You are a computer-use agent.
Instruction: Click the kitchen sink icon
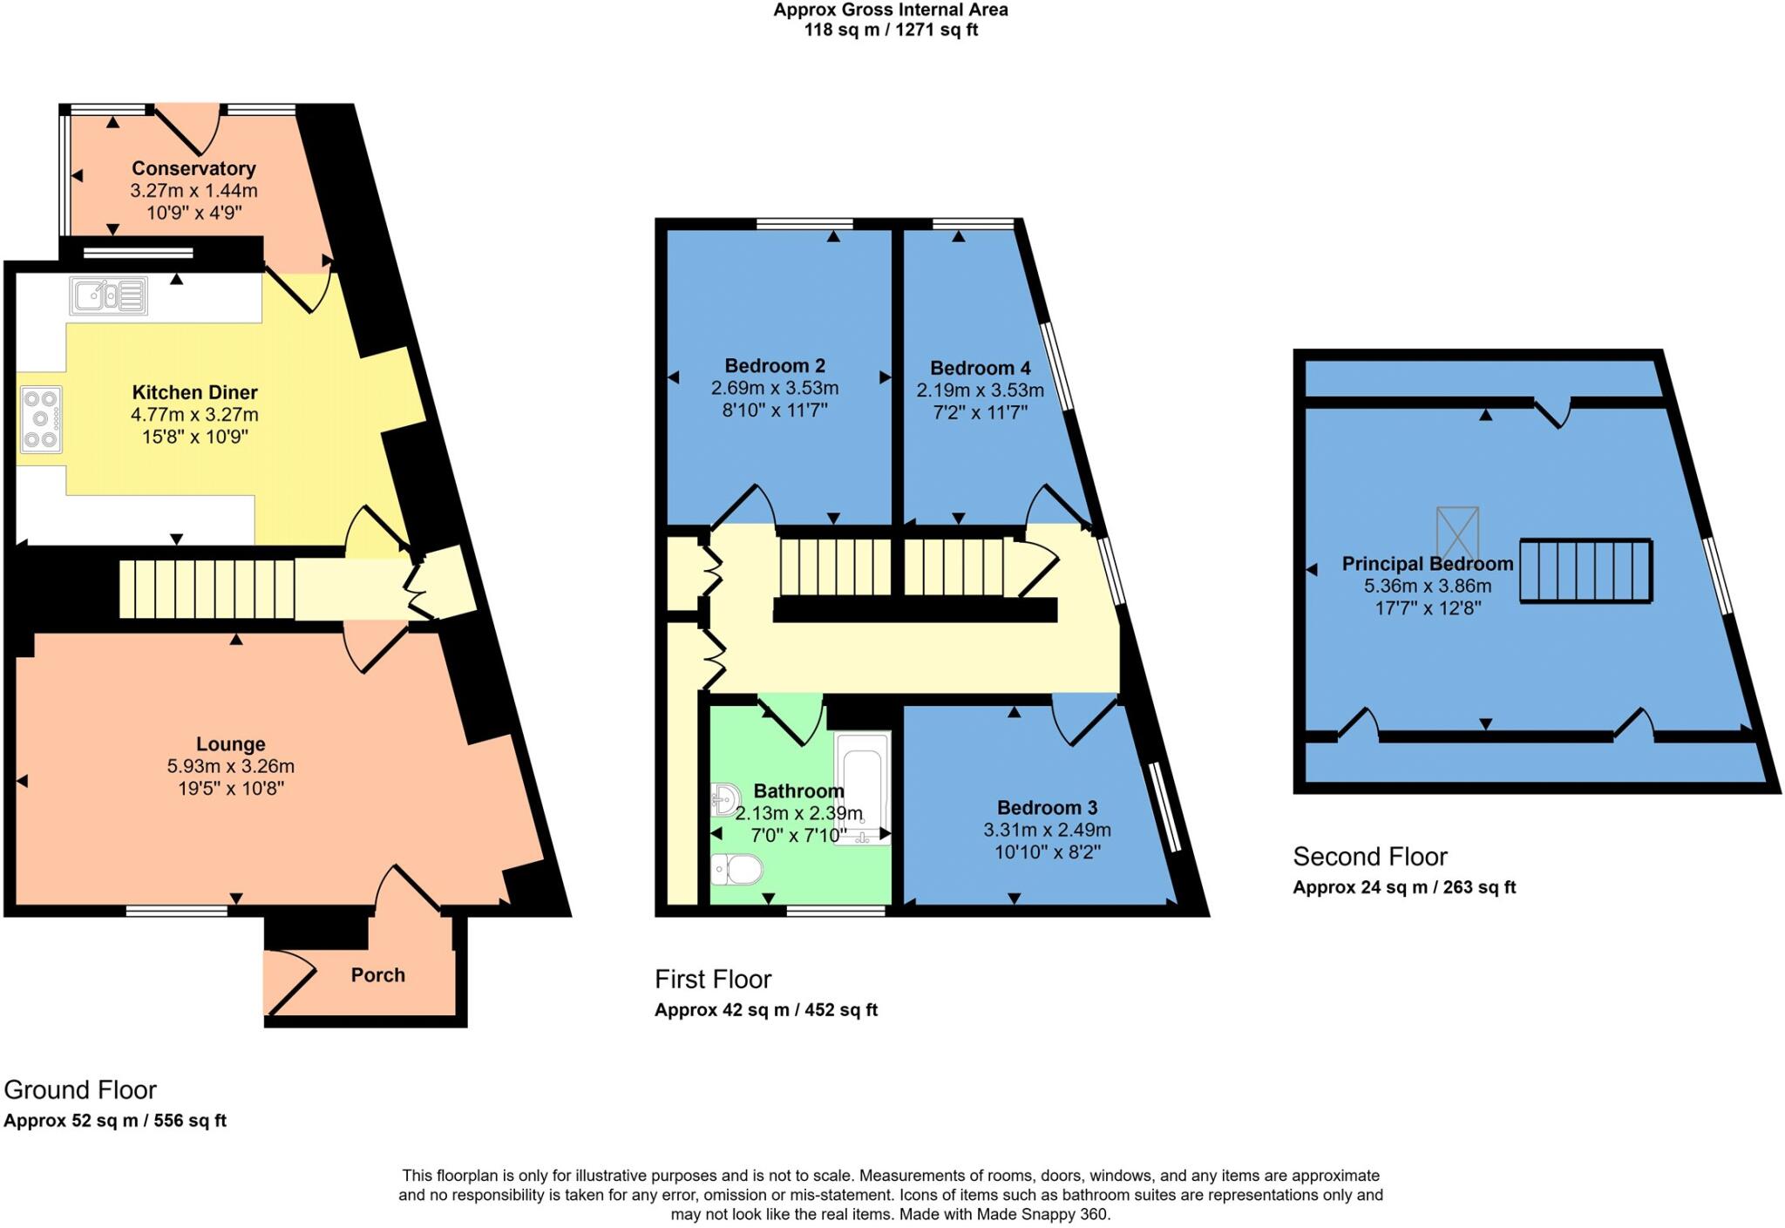[x=109, y=295]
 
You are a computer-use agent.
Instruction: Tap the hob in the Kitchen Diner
[x=40, y=420]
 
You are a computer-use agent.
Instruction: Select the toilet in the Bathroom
[x=736, y=869]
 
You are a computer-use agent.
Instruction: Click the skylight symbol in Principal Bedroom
[x=1457, y=533]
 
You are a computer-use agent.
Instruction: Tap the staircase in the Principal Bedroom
[x=1586, y=571]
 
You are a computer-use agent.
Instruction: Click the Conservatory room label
[x=193, y=168]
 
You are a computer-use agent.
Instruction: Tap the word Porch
[x=377, y=975]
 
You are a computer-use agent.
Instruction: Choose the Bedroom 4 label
[x=980, y=368]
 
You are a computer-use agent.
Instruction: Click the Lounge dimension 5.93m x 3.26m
[x=230, y=767]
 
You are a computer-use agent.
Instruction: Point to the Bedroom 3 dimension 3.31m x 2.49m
[x=1047, y=830]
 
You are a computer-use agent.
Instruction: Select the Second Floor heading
[x=1369, y=857]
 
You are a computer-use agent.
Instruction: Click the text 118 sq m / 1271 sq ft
[x=891, y=31]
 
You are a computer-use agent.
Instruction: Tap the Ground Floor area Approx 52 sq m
[x=71, y=1121]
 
